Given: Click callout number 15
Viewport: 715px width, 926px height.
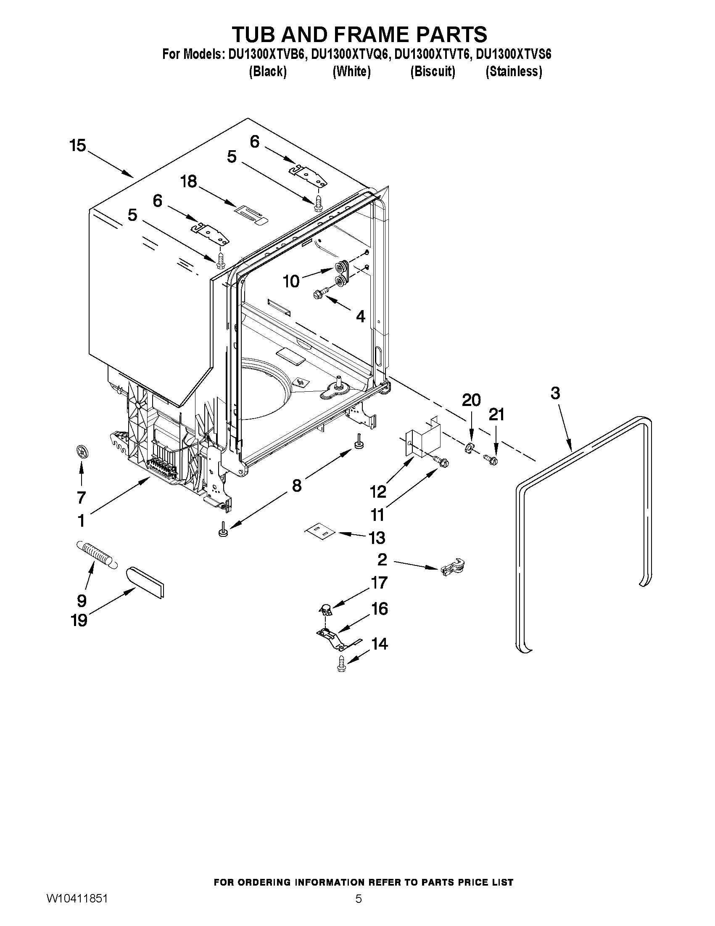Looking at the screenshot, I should (x=77, y=146).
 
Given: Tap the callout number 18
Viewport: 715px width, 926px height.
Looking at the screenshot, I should (x=188, y=181).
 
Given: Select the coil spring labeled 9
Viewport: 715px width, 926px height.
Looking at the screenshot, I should (x=96, y=554).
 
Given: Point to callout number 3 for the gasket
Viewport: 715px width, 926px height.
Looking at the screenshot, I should (x=555, y=393).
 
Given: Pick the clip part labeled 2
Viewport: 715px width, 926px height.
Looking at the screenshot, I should (x=453, y=567).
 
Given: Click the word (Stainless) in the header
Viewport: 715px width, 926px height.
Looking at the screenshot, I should (x=513, y=72).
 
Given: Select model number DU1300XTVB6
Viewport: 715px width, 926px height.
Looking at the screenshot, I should (x=266, y=55).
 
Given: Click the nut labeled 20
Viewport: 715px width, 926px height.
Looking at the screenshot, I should (x=469, y=447).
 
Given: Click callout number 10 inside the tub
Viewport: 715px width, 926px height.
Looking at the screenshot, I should (x=291, y=281).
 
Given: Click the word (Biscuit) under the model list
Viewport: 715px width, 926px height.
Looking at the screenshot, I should (x=433, y=72).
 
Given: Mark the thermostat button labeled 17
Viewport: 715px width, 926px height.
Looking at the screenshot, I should (x=325, y=610).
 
